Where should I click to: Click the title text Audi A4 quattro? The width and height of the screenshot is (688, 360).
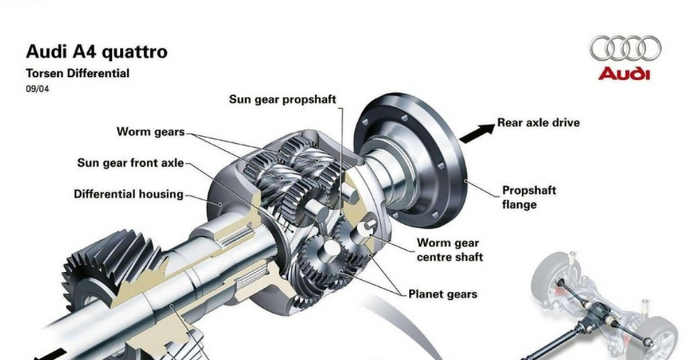[96, 52]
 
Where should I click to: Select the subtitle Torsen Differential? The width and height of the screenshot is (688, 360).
[77, 73]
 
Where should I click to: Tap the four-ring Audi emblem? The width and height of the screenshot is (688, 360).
[626, 48]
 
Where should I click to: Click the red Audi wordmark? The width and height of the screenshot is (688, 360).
[624, 74]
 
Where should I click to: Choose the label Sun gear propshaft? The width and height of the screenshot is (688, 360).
[283, 99]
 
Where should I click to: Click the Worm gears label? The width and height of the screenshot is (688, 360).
[151, 132]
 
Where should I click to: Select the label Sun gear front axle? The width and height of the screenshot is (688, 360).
[131, 163]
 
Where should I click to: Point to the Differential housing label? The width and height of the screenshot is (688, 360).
[128, 194]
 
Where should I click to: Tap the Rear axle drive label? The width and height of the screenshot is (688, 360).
[538, 123]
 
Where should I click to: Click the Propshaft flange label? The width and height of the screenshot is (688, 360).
[529, 197]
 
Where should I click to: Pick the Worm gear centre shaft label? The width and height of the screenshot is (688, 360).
[449, 250]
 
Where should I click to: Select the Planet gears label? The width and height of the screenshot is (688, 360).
[442, 295]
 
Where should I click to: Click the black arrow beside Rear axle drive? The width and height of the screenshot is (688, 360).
[476, 133]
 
